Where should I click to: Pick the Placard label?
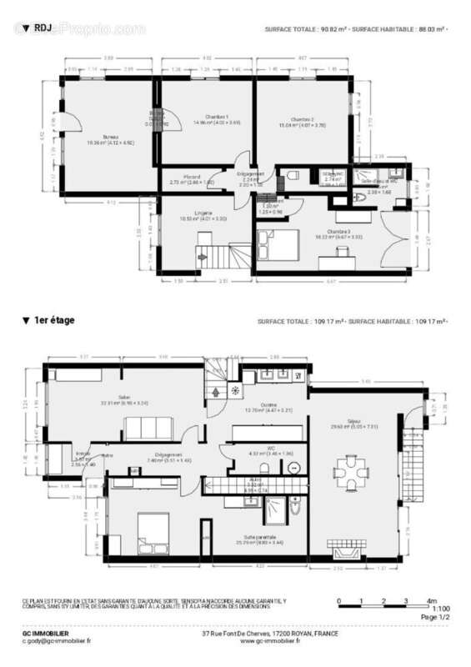pyautogui.click(x=192, y=176)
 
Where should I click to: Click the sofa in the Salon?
pyautogui.click(x=148, y=430)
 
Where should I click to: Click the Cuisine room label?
pyautogui.click(x=268, y=405)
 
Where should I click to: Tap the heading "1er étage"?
pyautogui.click(x=52, y=320)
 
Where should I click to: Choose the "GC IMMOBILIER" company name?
pyautogui.click(x=47, y=633)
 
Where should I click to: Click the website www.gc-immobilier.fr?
pyautogui.click(x=270, y=641)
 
